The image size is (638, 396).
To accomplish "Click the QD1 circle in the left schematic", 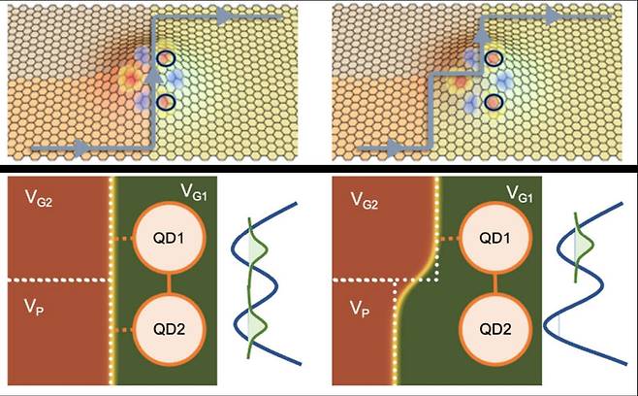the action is click(x=170, y=238).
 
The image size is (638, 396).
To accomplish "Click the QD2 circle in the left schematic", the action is click(x=170, y=329).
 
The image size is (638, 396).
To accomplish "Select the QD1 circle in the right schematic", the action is click(x=495, y=238).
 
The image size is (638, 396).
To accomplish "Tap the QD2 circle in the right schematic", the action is click(x=495, y=329).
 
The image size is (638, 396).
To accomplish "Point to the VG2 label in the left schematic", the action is click(x=39, y=198).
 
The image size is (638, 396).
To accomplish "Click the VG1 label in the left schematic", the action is click(x=194, y=191).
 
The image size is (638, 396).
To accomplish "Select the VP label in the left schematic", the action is click(x=34, y=308).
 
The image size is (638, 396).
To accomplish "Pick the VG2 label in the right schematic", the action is click(x=365, y=200).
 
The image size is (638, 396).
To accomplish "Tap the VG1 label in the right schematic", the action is click(x=519, y=193).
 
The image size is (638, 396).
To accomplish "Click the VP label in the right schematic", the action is click(x=360, y=309).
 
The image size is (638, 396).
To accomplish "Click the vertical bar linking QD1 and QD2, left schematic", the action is click(x=170, y=283).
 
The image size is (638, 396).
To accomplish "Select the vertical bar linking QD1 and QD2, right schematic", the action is click(x=495, y=283).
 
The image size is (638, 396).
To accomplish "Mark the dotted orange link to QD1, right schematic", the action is click(x=449, y=239).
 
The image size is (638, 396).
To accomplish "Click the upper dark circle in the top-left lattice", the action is click(x=166, y=58).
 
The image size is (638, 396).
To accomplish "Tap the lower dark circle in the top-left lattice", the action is click(x=166, y=102).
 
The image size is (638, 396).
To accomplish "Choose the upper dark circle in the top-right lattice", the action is click(x=494, y=59).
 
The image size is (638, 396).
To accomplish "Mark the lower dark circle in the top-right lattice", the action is click(x=494, y=102).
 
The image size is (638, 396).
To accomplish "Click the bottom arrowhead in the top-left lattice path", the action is click(x=83, y=148).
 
